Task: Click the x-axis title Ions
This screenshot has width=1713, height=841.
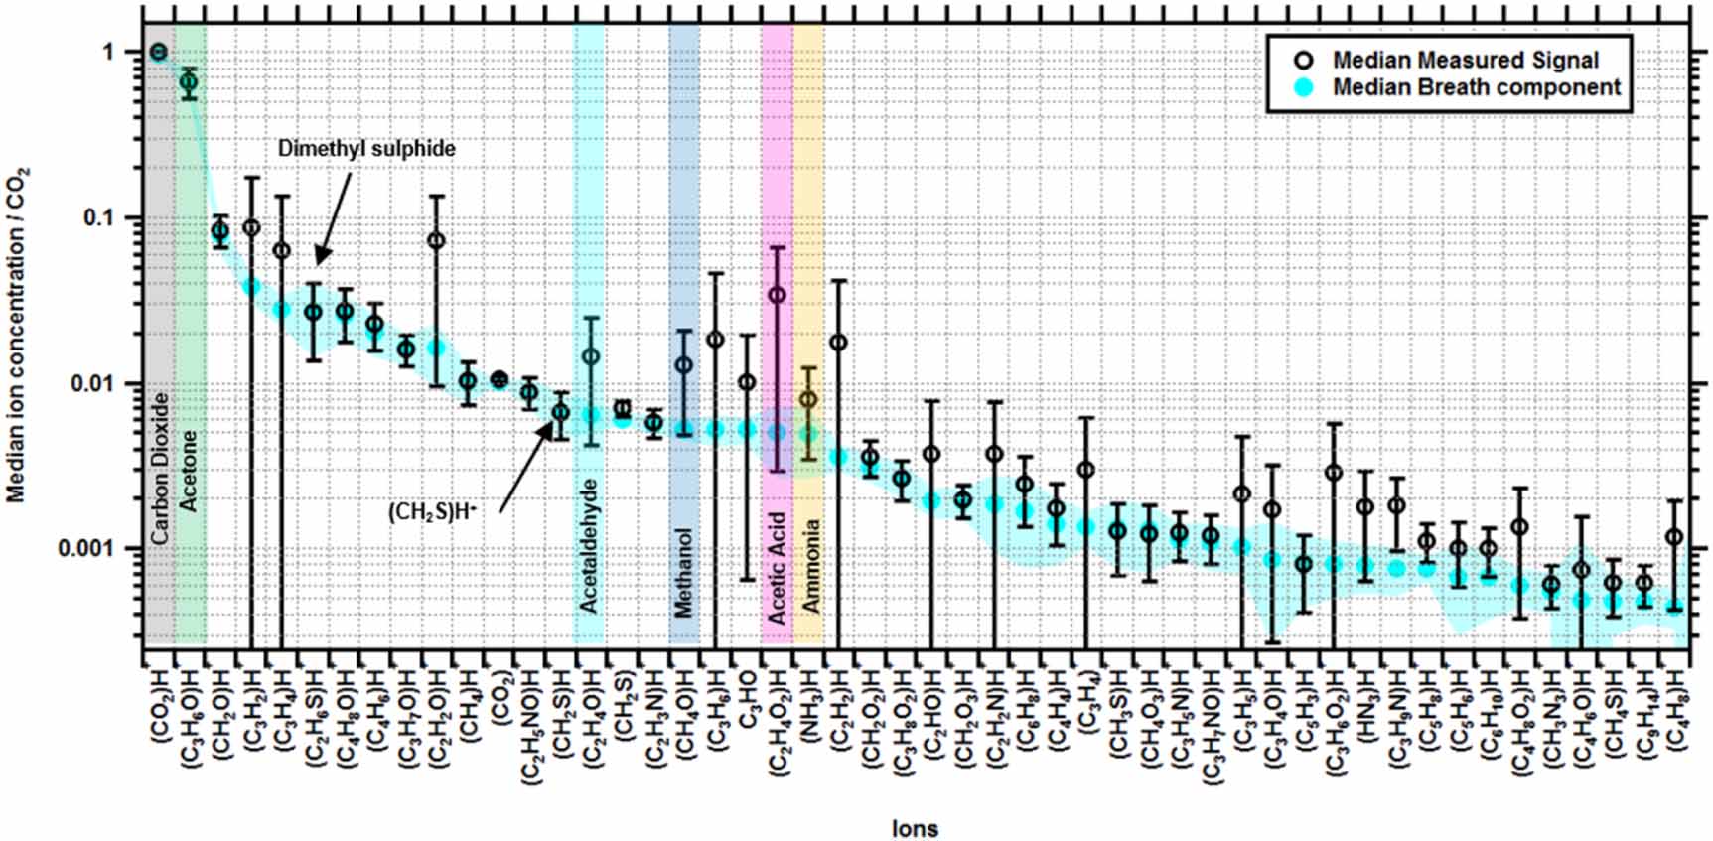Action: [914, 827]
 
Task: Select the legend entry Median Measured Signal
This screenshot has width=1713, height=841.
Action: [1465, 61]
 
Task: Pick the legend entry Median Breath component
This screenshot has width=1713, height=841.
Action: [1476, 87]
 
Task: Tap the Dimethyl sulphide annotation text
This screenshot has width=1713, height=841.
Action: [366, 149]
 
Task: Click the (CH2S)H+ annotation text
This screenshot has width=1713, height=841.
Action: [432, 512]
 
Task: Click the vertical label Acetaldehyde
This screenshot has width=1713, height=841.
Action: [589, 545]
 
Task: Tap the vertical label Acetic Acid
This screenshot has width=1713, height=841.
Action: [778, 567]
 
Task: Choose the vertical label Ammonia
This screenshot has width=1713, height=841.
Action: [809, 565]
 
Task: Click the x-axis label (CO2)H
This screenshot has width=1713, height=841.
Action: [160, 709]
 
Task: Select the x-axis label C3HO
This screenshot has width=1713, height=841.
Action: [748, 700]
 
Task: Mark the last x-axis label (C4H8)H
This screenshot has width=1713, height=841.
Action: [1675, 710]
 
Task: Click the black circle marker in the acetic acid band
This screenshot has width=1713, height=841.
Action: [778, 295]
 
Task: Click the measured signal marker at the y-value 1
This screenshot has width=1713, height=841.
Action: [158, 52]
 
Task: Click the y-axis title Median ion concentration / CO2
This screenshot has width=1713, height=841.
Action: [18, 335]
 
